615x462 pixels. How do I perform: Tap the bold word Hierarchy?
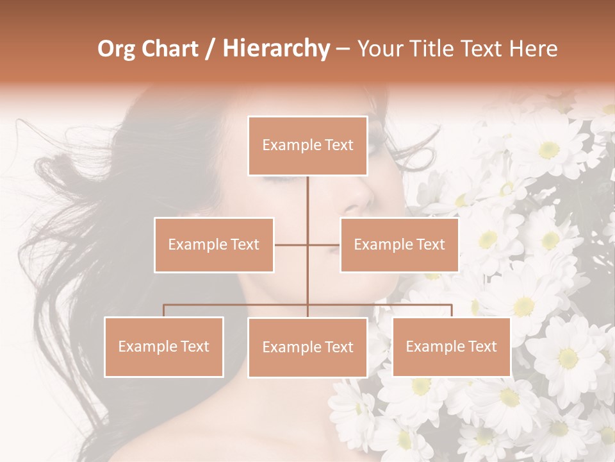click(275, 49)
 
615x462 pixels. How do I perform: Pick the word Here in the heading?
click(533, 49)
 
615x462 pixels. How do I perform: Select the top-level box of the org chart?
click(307, 146)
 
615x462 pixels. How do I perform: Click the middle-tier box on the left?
click(214, 244)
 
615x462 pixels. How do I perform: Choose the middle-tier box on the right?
click(399, 244)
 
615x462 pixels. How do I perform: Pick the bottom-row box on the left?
click(164, 346)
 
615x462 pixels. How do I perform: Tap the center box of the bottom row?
click(307, 347)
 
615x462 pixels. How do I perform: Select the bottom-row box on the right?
click(451, 346)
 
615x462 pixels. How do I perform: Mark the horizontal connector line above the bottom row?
click(237, 305)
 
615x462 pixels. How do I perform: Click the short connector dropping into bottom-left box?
click(164, 311)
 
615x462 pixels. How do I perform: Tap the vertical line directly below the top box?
click(307, 205)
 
